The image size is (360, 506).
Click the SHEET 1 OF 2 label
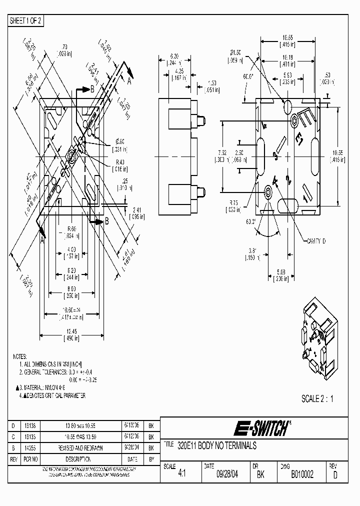[26, 20]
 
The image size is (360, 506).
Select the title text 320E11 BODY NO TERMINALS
[217, 445]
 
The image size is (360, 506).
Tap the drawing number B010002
[302, 475]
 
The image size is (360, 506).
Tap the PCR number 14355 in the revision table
[30, 448]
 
